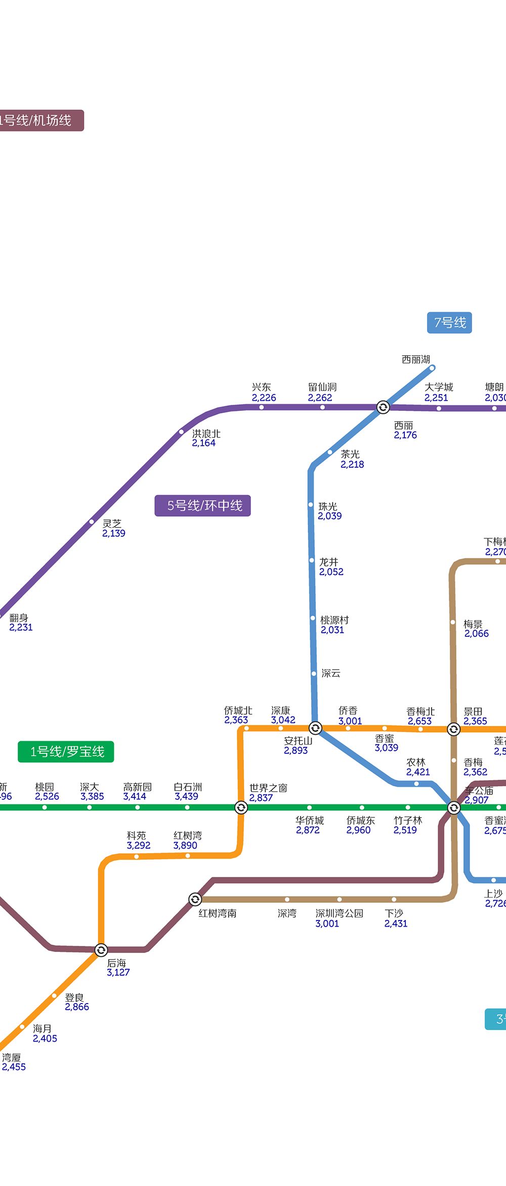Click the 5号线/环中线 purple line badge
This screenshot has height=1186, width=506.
pyautogui.click(x=202, y=506)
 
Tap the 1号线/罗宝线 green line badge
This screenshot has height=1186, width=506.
pyautogui.click(x=66, y=752)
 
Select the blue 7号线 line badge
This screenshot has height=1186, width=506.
pyautogui.click(x=449, y=323)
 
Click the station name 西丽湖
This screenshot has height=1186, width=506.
pyautogui.click(x=415, y=359)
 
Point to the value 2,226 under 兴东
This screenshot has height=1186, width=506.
pyautogui.click(x=264, y=398)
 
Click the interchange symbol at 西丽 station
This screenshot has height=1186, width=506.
pyautogui.click(x=383, y=407)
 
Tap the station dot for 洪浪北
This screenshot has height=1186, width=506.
pyautogui.click(x=181, y=432)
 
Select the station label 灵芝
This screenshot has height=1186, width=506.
pyautogui.click(x=112, y=523)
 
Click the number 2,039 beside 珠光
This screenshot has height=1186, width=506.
pyautogui.click(x=329, y=516)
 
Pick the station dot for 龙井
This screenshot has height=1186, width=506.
pyautogui.click(x=312, y=560)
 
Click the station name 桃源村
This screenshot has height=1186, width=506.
pyautogui.click(x=334, y=620)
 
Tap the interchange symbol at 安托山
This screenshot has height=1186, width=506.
pyautogui.click(x=315, y=728)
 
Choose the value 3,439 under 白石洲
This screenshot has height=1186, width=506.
pyautogui.click(x=186, y=796)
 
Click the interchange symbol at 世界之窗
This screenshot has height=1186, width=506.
pyautogui.click(x=241, y=807)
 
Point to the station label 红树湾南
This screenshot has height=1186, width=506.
pyautogui.click(x=217, y=913)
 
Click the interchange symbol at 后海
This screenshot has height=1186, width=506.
pyautogui.click(x=101, y=949)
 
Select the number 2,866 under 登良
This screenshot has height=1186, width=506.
pyautogui.click(x=77, y=1007)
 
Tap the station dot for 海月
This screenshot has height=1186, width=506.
pyautogui.click(x=22, y=1027)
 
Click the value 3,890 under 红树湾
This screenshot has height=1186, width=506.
pyautogui.click(x=185, y=845)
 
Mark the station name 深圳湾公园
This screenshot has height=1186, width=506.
pyautogui.click(x=339, y=913)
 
